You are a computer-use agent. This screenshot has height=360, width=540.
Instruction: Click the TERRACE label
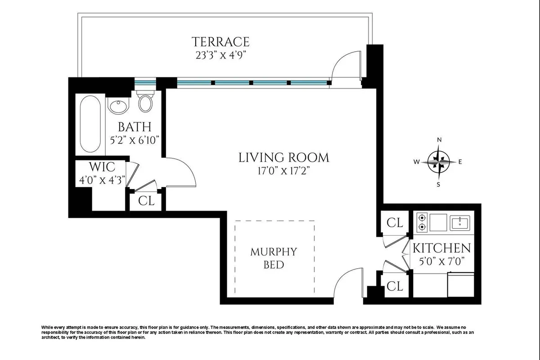(x=220, y=42)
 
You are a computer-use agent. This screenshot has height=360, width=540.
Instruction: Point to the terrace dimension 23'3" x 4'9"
(x=220, y=56)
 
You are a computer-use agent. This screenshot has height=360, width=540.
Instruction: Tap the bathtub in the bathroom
(x=90, y=125)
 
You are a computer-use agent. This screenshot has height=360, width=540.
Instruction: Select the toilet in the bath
(x=145, y=102)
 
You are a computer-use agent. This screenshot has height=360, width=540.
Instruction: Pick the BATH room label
(x=134, y=127)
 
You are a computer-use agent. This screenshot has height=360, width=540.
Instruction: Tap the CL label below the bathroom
(x=146, y=201)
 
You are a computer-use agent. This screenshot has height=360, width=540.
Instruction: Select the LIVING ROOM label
(x=283, y=157)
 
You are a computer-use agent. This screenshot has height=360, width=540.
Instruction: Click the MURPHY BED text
(x=274, y=258)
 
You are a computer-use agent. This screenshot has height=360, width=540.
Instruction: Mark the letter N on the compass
(x=439, y=140)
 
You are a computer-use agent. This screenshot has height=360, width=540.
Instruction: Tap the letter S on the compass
(x=439, y=184)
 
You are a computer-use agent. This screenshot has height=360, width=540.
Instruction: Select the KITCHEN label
(x=442, y=248)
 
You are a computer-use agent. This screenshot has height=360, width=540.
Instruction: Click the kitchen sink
(x=459, y=222)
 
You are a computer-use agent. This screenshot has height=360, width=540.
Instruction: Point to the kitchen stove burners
(x=422, y=221)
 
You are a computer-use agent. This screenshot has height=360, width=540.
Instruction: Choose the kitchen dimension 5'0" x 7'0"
(x=442, y=261)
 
